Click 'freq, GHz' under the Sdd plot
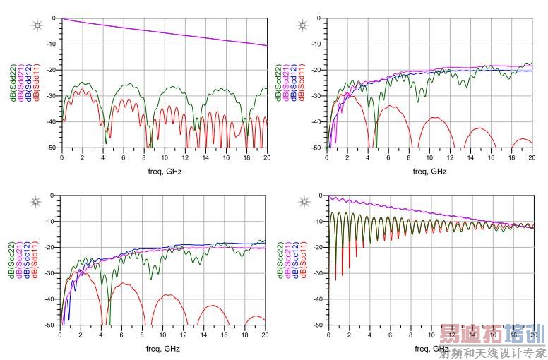point(163,171)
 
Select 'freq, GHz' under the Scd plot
point(429,171)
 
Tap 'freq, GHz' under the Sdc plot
point(163,348)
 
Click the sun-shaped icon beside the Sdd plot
point(36,26)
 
